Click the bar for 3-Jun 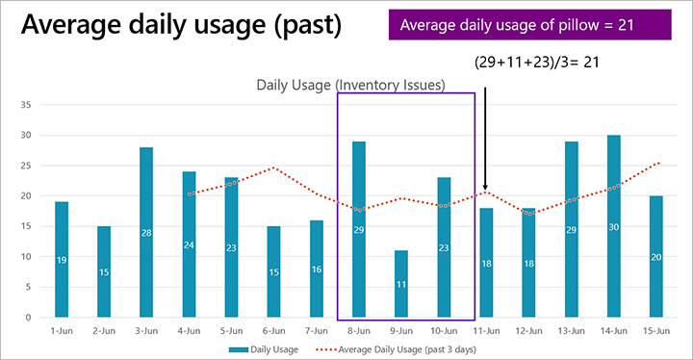coord(146,232)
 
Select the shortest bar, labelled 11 coord(401,283)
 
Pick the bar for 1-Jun coord(62,259)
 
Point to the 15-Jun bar coord(656,256)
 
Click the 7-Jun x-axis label coord(317,329)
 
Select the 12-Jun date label coord(528,329)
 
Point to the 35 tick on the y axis coord(26,104)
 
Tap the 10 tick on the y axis coord(26,256)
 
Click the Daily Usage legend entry coord(266,348)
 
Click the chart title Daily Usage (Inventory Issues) coord(350,85)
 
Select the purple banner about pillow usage coord(529,24)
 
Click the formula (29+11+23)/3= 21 coord(542,61)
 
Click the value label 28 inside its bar coord(146,232)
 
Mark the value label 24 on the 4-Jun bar coord(189,244)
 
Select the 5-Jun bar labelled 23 coord(231,247)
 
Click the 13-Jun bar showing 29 coord(572,229)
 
